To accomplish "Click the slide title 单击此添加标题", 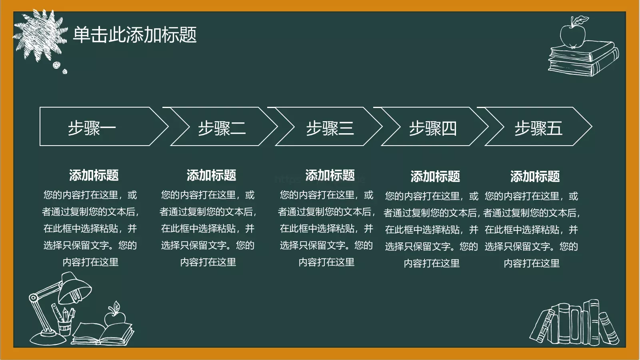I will point(135,35).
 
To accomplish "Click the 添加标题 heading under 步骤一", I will point(94,175).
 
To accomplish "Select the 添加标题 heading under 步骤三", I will point(330,175).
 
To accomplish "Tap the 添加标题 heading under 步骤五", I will point(535,176).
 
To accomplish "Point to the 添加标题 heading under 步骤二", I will point(211,175).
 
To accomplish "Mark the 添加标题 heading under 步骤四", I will point(435,176).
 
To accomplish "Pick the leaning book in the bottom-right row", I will point(542,326).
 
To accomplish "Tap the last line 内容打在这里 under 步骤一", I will point(91,262).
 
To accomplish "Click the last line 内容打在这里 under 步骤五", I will point(532,264).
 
